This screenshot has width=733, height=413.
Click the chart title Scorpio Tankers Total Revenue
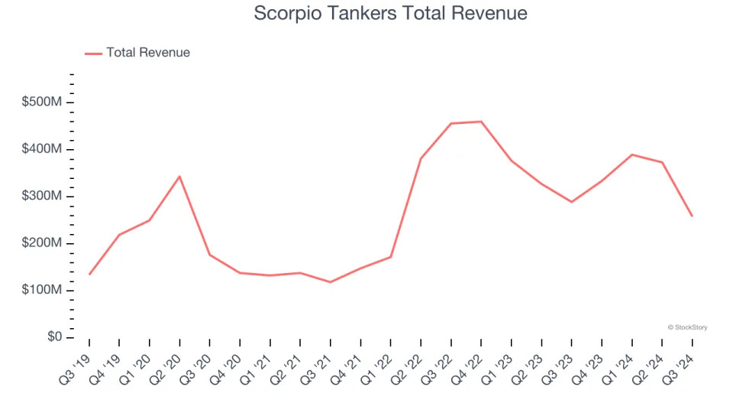coord(390,14)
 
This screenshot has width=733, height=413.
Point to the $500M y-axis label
coord(43,102)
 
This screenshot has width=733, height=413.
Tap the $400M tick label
coord(43,149)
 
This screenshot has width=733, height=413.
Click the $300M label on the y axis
coord(43,197)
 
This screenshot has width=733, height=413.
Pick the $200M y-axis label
coord(43,244)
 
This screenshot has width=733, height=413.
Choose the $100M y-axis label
coord(43,291)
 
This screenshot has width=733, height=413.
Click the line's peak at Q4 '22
coord(481,122)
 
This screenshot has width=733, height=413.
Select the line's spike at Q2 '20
coord(179,177)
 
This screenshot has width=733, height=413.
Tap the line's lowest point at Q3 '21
coord(330,282)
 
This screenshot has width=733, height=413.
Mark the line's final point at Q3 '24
coord(693,216)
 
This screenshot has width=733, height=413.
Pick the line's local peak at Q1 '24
coord(632,154)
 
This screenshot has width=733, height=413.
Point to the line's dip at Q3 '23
coord(572,202)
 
